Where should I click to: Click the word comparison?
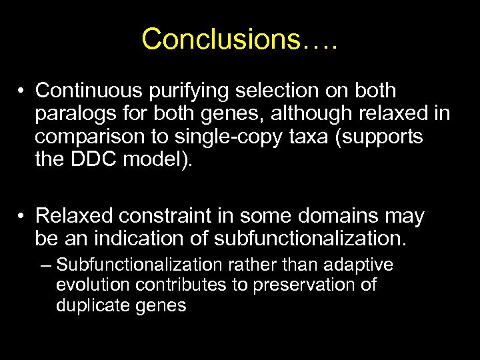click(x=81, y=137)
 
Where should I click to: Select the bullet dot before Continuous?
click(x=23, y=91)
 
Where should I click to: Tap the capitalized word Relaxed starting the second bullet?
click(x=69, y=217)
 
